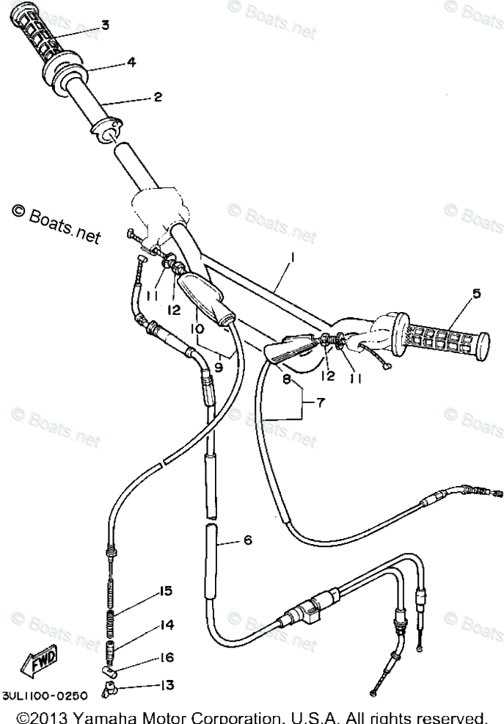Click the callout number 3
point(105,26)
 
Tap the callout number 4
point(131,62)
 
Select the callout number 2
point(157,96)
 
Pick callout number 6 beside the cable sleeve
point(247,540)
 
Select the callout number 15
point(165,591)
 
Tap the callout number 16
point(166,659)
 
